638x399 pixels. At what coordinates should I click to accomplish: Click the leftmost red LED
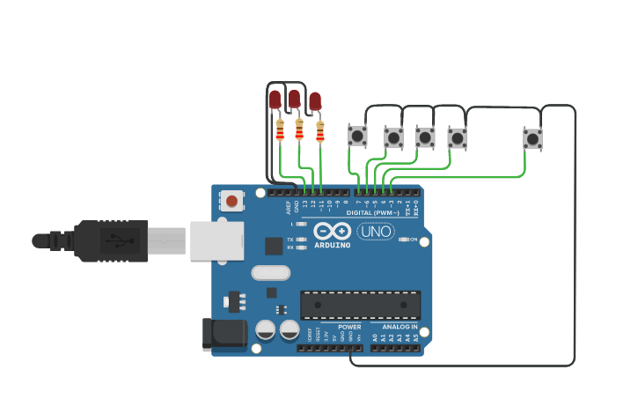coord(275,99)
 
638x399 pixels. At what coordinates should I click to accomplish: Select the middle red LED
coord(295,98)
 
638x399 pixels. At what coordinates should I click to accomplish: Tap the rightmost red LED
coord(315,100)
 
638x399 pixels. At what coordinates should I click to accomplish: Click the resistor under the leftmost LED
coord(280,130)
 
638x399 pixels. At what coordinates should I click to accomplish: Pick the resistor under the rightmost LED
coord(319,131)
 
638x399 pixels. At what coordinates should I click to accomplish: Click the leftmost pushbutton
coord(357,136)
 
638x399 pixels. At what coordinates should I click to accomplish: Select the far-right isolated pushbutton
coord(532,138)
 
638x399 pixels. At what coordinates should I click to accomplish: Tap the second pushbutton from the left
coord(393,137)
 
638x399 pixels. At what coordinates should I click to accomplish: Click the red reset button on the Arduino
coord(231,201)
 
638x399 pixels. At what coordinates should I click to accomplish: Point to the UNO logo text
coord(376,232)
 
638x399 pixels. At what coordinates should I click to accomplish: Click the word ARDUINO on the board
coord(332,245)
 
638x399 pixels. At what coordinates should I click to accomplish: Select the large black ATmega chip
coord(360,305)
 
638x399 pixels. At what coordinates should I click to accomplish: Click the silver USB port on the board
coord(216,240)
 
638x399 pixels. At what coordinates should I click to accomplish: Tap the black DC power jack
coord(224,333)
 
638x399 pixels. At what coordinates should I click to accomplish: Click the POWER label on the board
coord(349,327)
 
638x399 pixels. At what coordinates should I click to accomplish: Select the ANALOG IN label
coord(400,327)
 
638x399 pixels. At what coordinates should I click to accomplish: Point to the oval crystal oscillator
coord(270,273)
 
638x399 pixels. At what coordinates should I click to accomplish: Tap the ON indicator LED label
coord(413,240)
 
